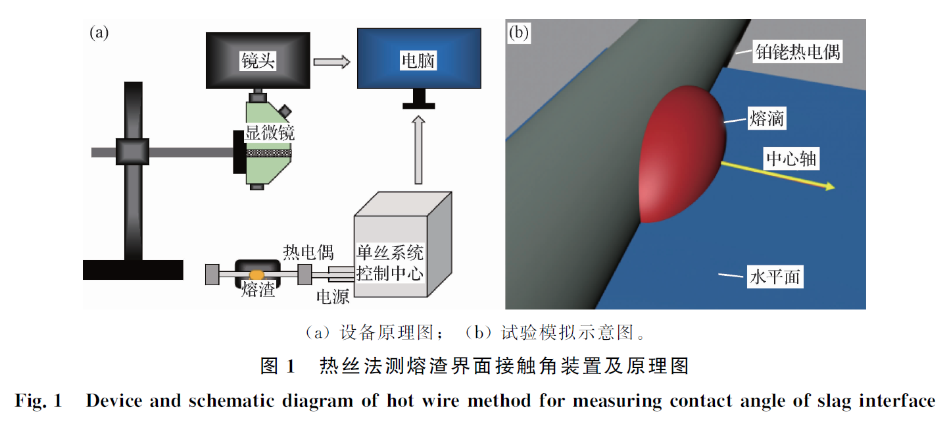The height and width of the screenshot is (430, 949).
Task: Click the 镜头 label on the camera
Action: pyautogui.click(x=258, y=62)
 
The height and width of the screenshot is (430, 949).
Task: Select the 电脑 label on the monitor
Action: pyautogui.click(x=418, y=62)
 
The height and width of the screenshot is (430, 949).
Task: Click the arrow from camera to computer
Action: pyautogui.click(x=331, y=62)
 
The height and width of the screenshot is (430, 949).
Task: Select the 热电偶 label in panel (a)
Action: pyautogui.click(x=308, y=252)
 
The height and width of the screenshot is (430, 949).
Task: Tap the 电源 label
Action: pyautogui.click(x=333, y=296)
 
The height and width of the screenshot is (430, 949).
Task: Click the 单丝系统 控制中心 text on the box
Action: pyautogui.click(x=389, y=263)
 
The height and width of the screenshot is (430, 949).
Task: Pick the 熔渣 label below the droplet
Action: pyautogui.click(x=258, y=289)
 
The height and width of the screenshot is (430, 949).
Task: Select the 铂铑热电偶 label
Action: pyautogui.click(x=797, y=52)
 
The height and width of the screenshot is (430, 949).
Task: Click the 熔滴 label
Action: pyautogui.click(x=767, y=119)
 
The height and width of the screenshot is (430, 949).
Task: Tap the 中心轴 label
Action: pyautogui.click(x=792, y=159)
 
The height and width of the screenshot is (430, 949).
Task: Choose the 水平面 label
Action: pyautogui.click(x=775, y=277)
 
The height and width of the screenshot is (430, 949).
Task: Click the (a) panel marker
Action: pyautogui.click(x=99, y=32)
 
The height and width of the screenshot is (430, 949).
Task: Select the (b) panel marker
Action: pyautogui.click(x=518, y=34)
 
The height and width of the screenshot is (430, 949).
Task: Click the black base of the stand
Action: pyautogui.click(x=133, y=269)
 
